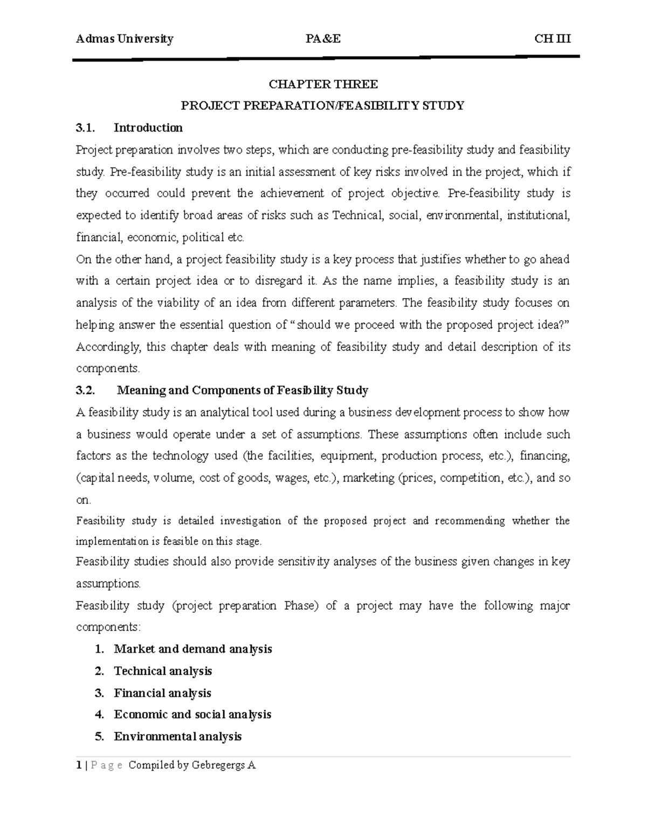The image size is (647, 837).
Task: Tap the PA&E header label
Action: click(x=323, y=39)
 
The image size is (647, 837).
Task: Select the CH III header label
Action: click(x=552, y=39)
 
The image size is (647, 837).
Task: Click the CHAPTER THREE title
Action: click(x=323, y=84)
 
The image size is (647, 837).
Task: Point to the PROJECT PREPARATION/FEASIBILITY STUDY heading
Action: click(x=322, y=106)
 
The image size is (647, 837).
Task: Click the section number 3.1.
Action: click(x=85, y=128)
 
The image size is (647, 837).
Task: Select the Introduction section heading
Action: click(x=148, y=128)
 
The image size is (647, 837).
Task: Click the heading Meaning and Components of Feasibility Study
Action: click(x=242, y=390)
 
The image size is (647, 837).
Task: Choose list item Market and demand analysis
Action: click(x=192, y=649)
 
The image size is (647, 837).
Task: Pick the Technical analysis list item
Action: click(x=163, y=671)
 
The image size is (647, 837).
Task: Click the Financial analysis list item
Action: click(x=162, y=693)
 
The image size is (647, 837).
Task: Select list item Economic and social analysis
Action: click(x=192, y=715)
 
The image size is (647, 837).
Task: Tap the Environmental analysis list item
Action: click(x=177, y=736)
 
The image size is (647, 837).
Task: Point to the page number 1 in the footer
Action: click(x=79, y=765)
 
